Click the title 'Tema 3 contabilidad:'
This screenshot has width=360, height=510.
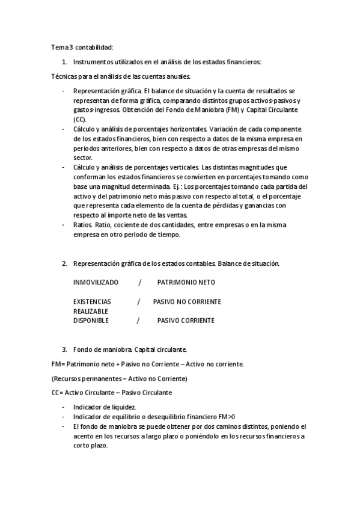[82, 47]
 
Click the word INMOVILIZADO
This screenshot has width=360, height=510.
[96, 282]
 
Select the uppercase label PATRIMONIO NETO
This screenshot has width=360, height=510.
[186, 282]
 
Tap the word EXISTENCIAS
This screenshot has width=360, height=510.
[92, 301]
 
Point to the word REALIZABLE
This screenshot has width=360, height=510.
[91, 311]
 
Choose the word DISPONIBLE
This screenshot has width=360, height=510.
[91, 321]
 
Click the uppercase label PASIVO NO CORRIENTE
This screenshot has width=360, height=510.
[187, 301]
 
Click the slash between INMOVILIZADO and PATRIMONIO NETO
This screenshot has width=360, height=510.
[139, 282]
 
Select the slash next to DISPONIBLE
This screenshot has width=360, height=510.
[138, 321]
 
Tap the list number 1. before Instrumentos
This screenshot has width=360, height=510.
[64, 61]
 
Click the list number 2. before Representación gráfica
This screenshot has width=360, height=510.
[64, 264]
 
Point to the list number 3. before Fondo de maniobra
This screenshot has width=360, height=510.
[64, 349]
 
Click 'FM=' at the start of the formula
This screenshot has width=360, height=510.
[58, 364]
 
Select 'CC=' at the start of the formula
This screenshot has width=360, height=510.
[58, 393]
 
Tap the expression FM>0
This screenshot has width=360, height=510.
[226, 417]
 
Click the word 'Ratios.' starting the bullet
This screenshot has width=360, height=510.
[83, 225]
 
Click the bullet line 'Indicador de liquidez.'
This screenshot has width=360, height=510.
[104, 407]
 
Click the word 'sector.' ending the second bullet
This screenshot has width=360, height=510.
[83, 158]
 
